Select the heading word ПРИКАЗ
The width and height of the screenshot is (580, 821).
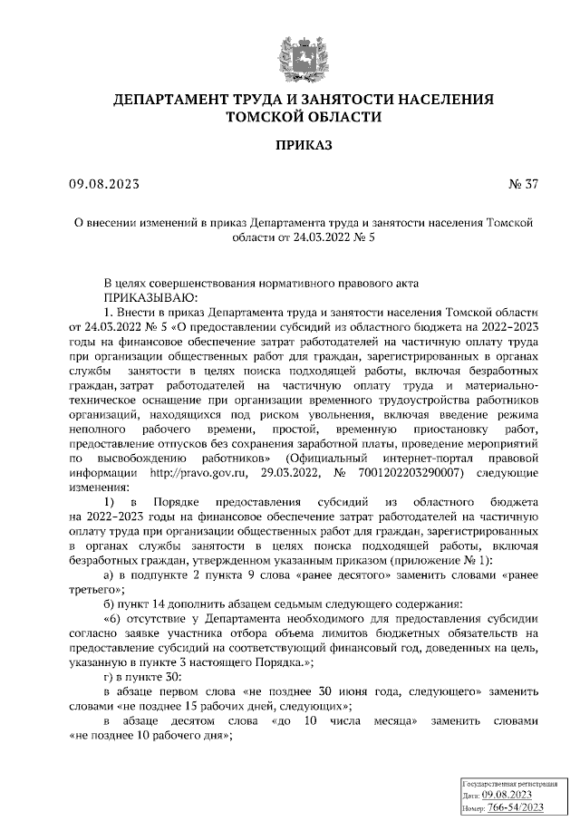pyautogui.click(x=304, y=144)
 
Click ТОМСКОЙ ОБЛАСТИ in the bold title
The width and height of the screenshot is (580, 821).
pyautogui.click(x=304, y=116)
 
